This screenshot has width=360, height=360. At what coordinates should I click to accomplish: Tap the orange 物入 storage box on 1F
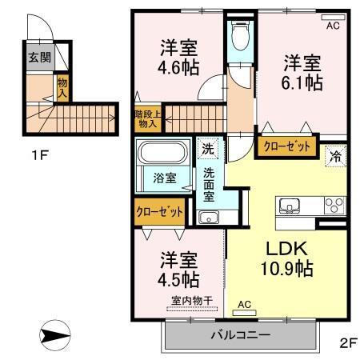(61, 87)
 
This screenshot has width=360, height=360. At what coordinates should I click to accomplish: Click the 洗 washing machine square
(208, 148)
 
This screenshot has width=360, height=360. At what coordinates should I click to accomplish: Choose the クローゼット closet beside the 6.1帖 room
(283, 146)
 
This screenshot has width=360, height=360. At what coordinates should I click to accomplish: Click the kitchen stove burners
(331, 206)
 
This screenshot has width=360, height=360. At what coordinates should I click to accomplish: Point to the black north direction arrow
(56, 333)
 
